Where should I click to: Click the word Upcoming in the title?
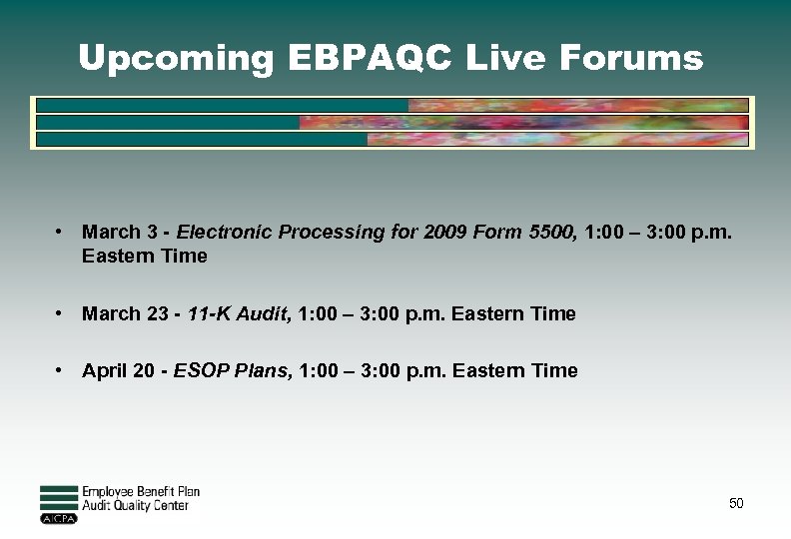[x=176, y=59]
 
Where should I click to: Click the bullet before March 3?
[x=61, y=232]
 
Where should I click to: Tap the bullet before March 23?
[x=61, y=313]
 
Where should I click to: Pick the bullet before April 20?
[x=61, y=370]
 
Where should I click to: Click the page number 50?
[x=736, y=504]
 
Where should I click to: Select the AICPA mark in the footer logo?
[x=58, y=519]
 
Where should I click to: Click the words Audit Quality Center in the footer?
[x=135, y=506]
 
